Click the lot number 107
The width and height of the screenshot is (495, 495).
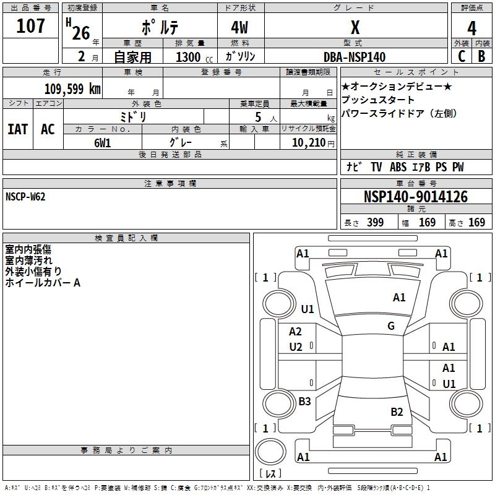point(31,26)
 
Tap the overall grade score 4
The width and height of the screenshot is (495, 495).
point(472,28)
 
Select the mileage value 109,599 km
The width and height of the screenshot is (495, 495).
point(72,88)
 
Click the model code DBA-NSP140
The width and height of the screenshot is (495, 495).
point(354,57)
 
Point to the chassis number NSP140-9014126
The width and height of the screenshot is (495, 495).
point(416,197)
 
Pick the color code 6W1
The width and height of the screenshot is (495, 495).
point(103,142)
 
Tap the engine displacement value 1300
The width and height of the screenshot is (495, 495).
point(187,57)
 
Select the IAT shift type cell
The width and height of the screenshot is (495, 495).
point(17,129)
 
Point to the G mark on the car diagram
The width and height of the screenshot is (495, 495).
point(391,326)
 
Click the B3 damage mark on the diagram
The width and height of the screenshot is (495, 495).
point(304,402)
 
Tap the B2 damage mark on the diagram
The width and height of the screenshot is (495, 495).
point(397,411)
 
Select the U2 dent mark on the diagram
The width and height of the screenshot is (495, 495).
point(296,347)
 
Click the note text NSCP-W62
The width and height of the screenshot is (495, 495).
point(25,196)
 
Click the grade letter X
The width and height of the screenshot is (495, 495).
point(355,28)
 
